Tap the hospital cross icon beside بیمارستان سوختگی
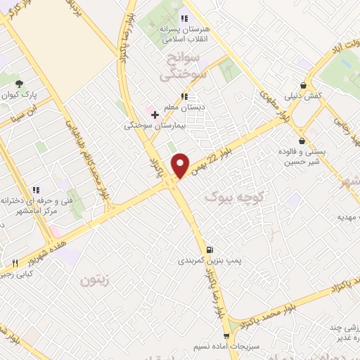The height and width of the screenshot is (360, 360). pyautogui.click(x=155, y=114)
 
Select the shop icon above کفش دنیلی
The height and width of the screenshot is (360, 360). pyautogui.click(x=303, y=84)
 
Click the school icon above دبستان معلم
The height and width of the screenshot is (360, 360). pyautogui.click(x=184, y=96)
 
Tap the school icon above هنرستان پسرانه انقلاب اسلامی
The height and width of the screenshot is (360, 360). pyautogui.click(x=184, y=18)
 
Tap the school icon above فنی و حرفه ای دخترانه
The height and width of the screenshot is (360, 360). pyautogui.click(x=34, y=188)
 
